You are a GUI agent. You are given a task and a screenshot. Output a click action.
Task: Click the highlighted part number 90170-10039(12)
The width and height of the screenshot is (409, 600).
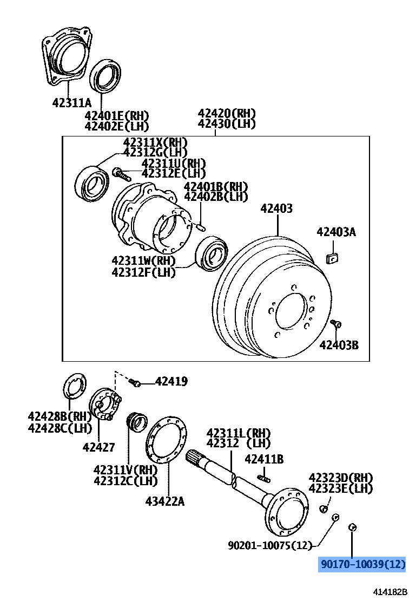pos(362,565)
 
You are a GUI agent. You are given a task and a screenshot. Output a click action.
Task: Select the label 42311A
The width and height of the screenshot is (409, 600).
pos(72,102)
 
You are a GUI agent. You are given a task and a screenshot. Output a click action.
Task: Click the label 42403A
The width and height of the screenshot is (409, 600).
pos(336,232)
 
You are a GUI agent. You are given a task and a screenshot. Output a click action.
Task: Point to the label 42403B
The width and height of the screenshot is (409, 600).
pos(339,345)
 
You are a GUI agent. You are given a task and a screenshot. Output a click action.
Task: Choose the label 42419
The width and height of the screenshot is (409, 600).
pos(171,382)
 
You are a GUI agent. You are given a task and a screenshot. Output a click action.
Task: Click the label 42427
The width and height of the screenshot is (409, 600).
pos(98,447)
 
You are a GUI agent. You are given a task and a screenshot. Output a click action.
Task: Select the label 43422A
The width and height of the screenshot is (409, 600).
pos(164,501)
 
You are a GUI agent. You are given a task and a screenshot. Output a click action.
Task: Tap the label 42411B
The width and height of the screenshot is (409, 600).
pos(264,460)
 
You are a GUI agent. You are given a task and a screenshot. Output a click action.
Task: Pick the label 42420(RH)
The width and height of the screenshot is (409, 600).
pos(227,114)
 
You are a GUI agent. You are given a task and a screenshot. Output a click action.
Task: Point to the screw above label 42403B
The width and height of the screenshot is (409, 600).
pos(335,323)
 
